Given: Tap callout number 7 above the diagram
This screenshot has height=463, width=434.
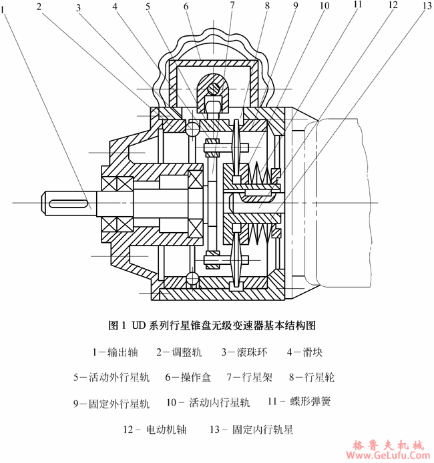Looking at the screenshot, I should coord(232,6).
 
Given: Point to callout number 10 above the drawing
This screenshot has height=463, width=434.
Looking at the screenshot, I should coord(324,6).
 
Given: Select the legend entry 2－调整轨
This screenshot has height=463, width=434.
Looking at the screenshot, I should coord(180,351).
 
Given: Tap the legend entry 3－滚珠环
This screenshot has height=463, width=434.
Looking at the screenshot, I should coord(244,351).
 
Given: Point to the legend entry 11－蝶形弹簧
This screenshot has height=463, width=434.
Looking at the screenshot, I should coord(299,402).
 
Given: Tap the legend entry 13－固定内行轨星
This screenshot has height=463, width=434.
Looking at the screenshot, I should coord(258,430).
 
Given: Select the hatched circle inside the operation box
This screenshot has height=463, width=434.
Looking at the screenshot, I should coord(213,87).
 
